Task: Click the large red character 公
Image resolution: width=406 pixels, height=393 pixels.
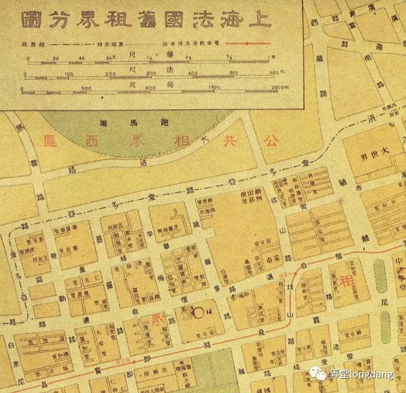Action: (270, 140)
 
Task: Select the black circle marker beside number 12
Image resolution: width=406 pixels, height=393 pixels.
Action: (199, 312)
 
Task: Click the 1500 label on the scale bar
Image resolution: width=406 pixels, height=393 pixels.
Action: (214, 87)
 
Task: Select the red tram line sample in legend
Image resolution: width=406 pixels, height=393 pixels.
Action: (247, 43)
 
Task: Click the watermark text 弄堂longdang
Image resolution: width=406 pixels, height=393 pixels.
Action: (361, 375)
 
